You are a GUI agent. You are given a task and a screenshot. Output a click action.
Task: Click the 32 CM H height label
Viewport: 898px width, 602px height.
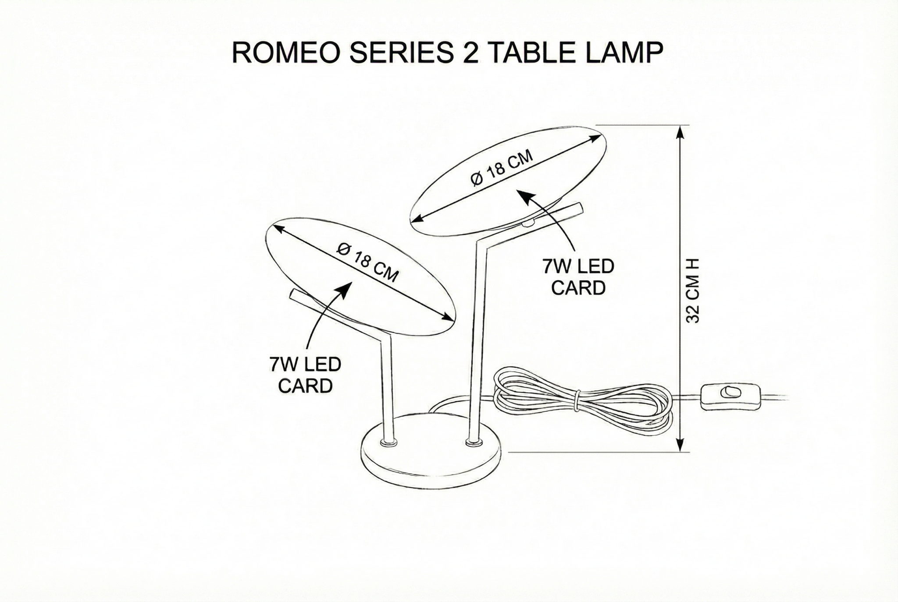(692, 290)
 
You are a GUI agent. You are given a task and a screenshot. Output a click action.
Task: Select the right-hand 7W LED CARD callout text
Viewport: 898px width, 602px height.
(578, 277)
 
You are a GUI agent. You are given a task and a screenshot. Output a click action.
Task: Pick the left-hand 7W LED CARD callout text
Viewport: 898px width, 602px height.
(305, 375)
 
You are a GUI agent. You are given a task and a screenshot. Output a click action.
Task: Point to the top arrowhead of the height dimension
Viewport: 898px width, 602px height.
(680, 132)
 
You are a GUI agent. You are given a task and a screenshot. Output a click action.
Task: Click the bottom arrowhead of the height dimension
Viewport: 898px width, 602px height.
(680, 444)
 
